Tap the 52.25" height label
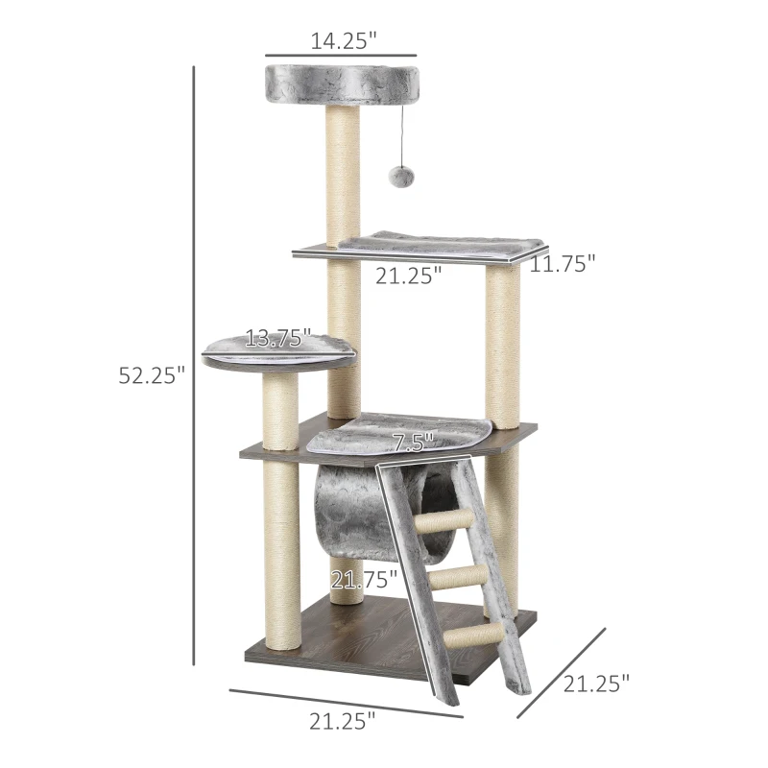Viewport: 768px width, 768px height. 152,375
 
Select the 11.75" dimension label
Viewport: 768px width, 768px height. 564,264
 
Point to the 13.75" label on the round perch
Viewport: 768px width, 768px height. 277,338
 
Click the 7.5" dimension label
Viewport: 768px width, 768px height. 413,443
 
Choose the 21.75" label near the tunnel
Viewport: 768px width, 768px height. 364,579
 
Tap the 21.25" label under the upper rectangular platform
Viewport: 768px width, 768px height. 409,276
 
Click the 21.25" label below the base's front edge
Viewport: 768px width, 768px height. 343,722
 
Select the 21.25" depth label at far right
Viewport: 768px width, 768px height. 597,684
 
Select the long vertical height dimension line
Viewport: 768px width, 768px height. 194,365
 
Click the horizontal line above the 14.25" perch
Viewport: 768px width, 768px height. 341,55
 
